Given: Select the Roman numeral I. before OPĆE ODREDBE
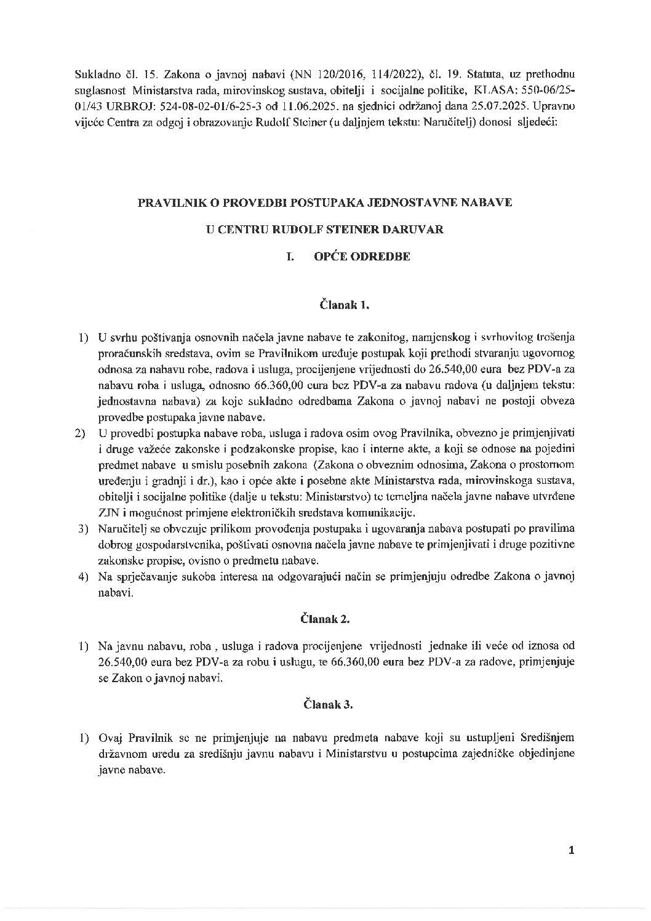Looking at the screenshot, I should pos(289,257).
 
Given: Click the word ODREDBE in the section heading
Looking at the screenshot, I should pos(385,257).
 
